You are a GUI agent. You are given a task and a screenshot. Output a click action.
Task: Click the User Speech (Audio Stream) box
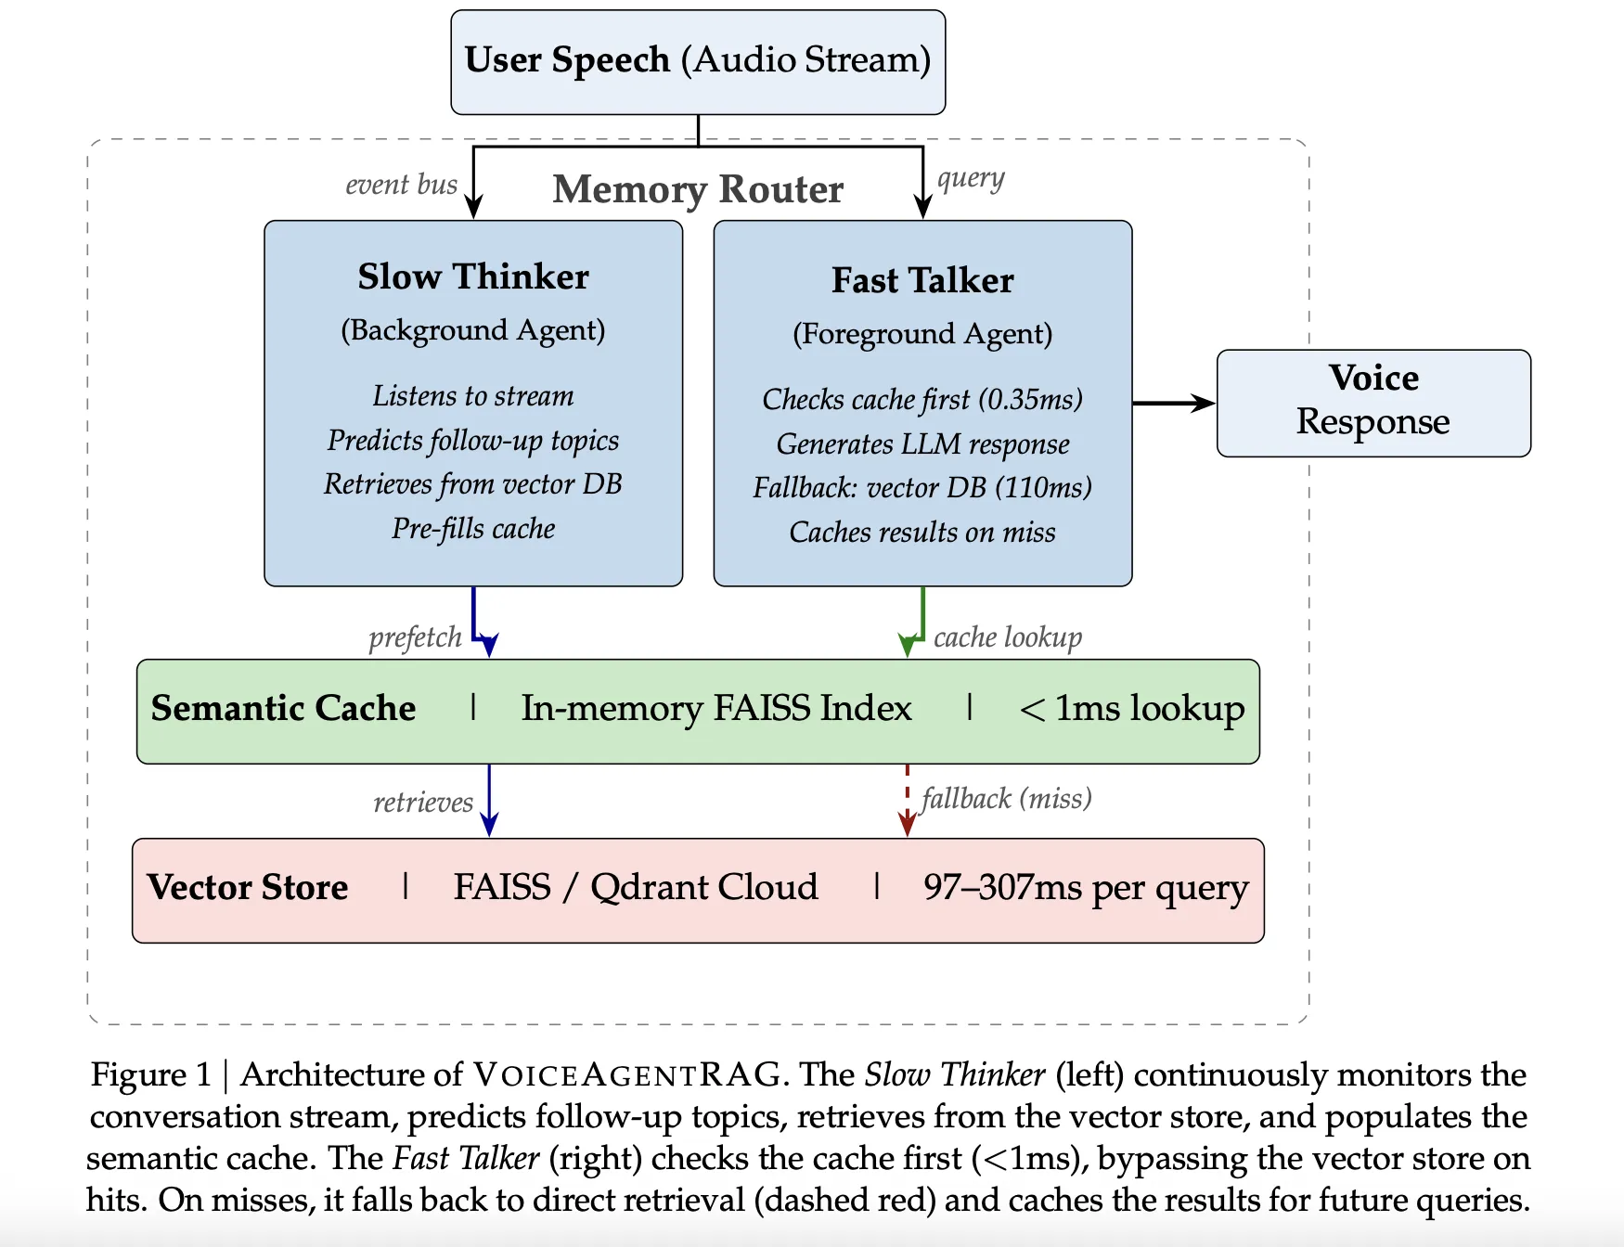pos(698,61)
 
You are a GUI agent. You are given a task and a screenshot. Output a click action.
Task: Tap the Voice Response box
pos(1373,402)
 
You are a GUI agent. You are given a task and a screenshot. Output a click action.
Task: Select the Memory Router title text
pos(698,189)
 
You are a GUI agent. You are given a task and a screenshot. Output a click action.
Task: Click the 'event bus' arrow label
pos(401,185)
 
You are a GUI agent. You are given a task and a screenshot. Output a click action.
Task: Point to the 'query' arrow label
pos(971,178)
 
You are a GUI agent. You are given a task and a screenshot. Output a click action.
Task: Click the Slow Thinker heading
pos(473,276)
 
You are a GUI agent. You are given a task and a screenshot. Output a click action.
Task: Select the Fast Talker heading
pos(922,280)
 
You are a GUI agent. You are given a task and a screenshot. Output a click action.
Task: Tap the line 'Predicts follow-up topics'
pos(473,440)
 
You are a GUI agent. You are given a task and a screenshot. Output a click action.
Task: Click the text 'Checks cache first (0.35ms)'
pos(922,399)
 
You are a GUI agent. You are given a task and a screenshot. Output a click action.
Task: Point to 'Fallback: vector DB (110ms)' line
pos(922,487)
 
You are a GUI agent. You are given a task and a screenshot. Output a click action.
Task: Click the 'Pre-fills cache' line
pos(473,528)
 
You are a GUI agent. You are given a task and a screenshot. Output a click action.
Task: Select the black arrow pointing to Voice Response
pos(1173,403)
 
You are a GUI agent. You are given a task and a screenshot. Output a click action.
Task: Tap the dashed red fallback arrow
pos(907,800)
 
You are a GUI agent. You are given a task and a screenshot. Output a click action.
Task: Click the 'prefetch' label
pos(415,637)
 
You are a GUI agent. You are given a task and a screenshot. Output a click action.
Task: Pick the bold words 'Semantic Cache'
pos(283,708)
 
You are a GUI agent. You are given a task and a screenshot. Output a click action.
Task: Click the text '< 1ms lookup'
pos(1131,708)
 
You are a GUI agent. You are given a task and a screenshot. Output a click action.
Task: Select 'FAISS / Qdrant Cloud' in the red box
pos(636,887)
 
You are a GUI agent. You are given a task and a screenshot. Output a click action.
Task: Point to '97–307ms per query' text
pos(1086,887)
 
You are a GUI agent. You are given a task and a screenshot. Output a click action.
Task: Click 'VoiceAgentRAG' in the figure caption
pos(627,1074)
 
